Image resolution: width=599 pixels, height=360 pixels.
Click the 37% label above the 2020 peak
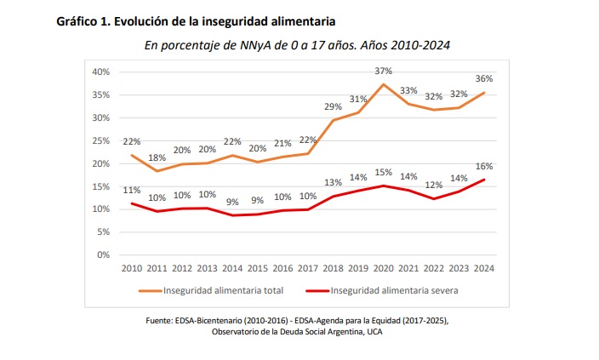pyautogui.click(x=384, y=71)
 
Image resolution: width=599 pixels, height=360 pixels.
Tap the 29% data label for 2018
pyautogui.click(x=333, y=106)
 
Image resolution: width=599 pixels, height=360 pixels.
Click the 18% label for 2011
pyautogui.click(x=157, y=157)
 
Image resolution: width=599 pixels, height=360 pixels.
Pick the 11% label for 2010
pyautogui.click(x=132, y=190)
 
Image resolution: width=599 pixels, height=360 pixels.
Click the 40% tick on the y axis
pyautogui.click(x=101, y=71)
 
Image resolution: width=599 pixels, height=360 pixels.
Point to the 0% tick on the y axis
pyautogui.click(x=104, y=254)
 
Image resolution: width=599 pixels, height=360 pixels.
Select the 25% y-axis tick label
pyautogui.click(x=101, y=140)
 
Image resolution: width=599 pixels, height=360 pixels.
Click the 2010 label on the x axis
pyautogui.click(x=132, y=268)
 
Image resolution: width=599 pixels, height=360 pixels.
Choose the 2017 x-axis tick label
pyautogui.click(x=308, y=268)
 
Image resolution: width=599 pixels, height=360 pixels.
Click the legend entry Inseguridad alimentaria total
pyautogui.click(x=213, y=289)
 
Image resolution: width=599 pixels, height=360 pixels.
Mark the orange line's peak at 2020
pyautogui.click(x=384, y=84)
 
